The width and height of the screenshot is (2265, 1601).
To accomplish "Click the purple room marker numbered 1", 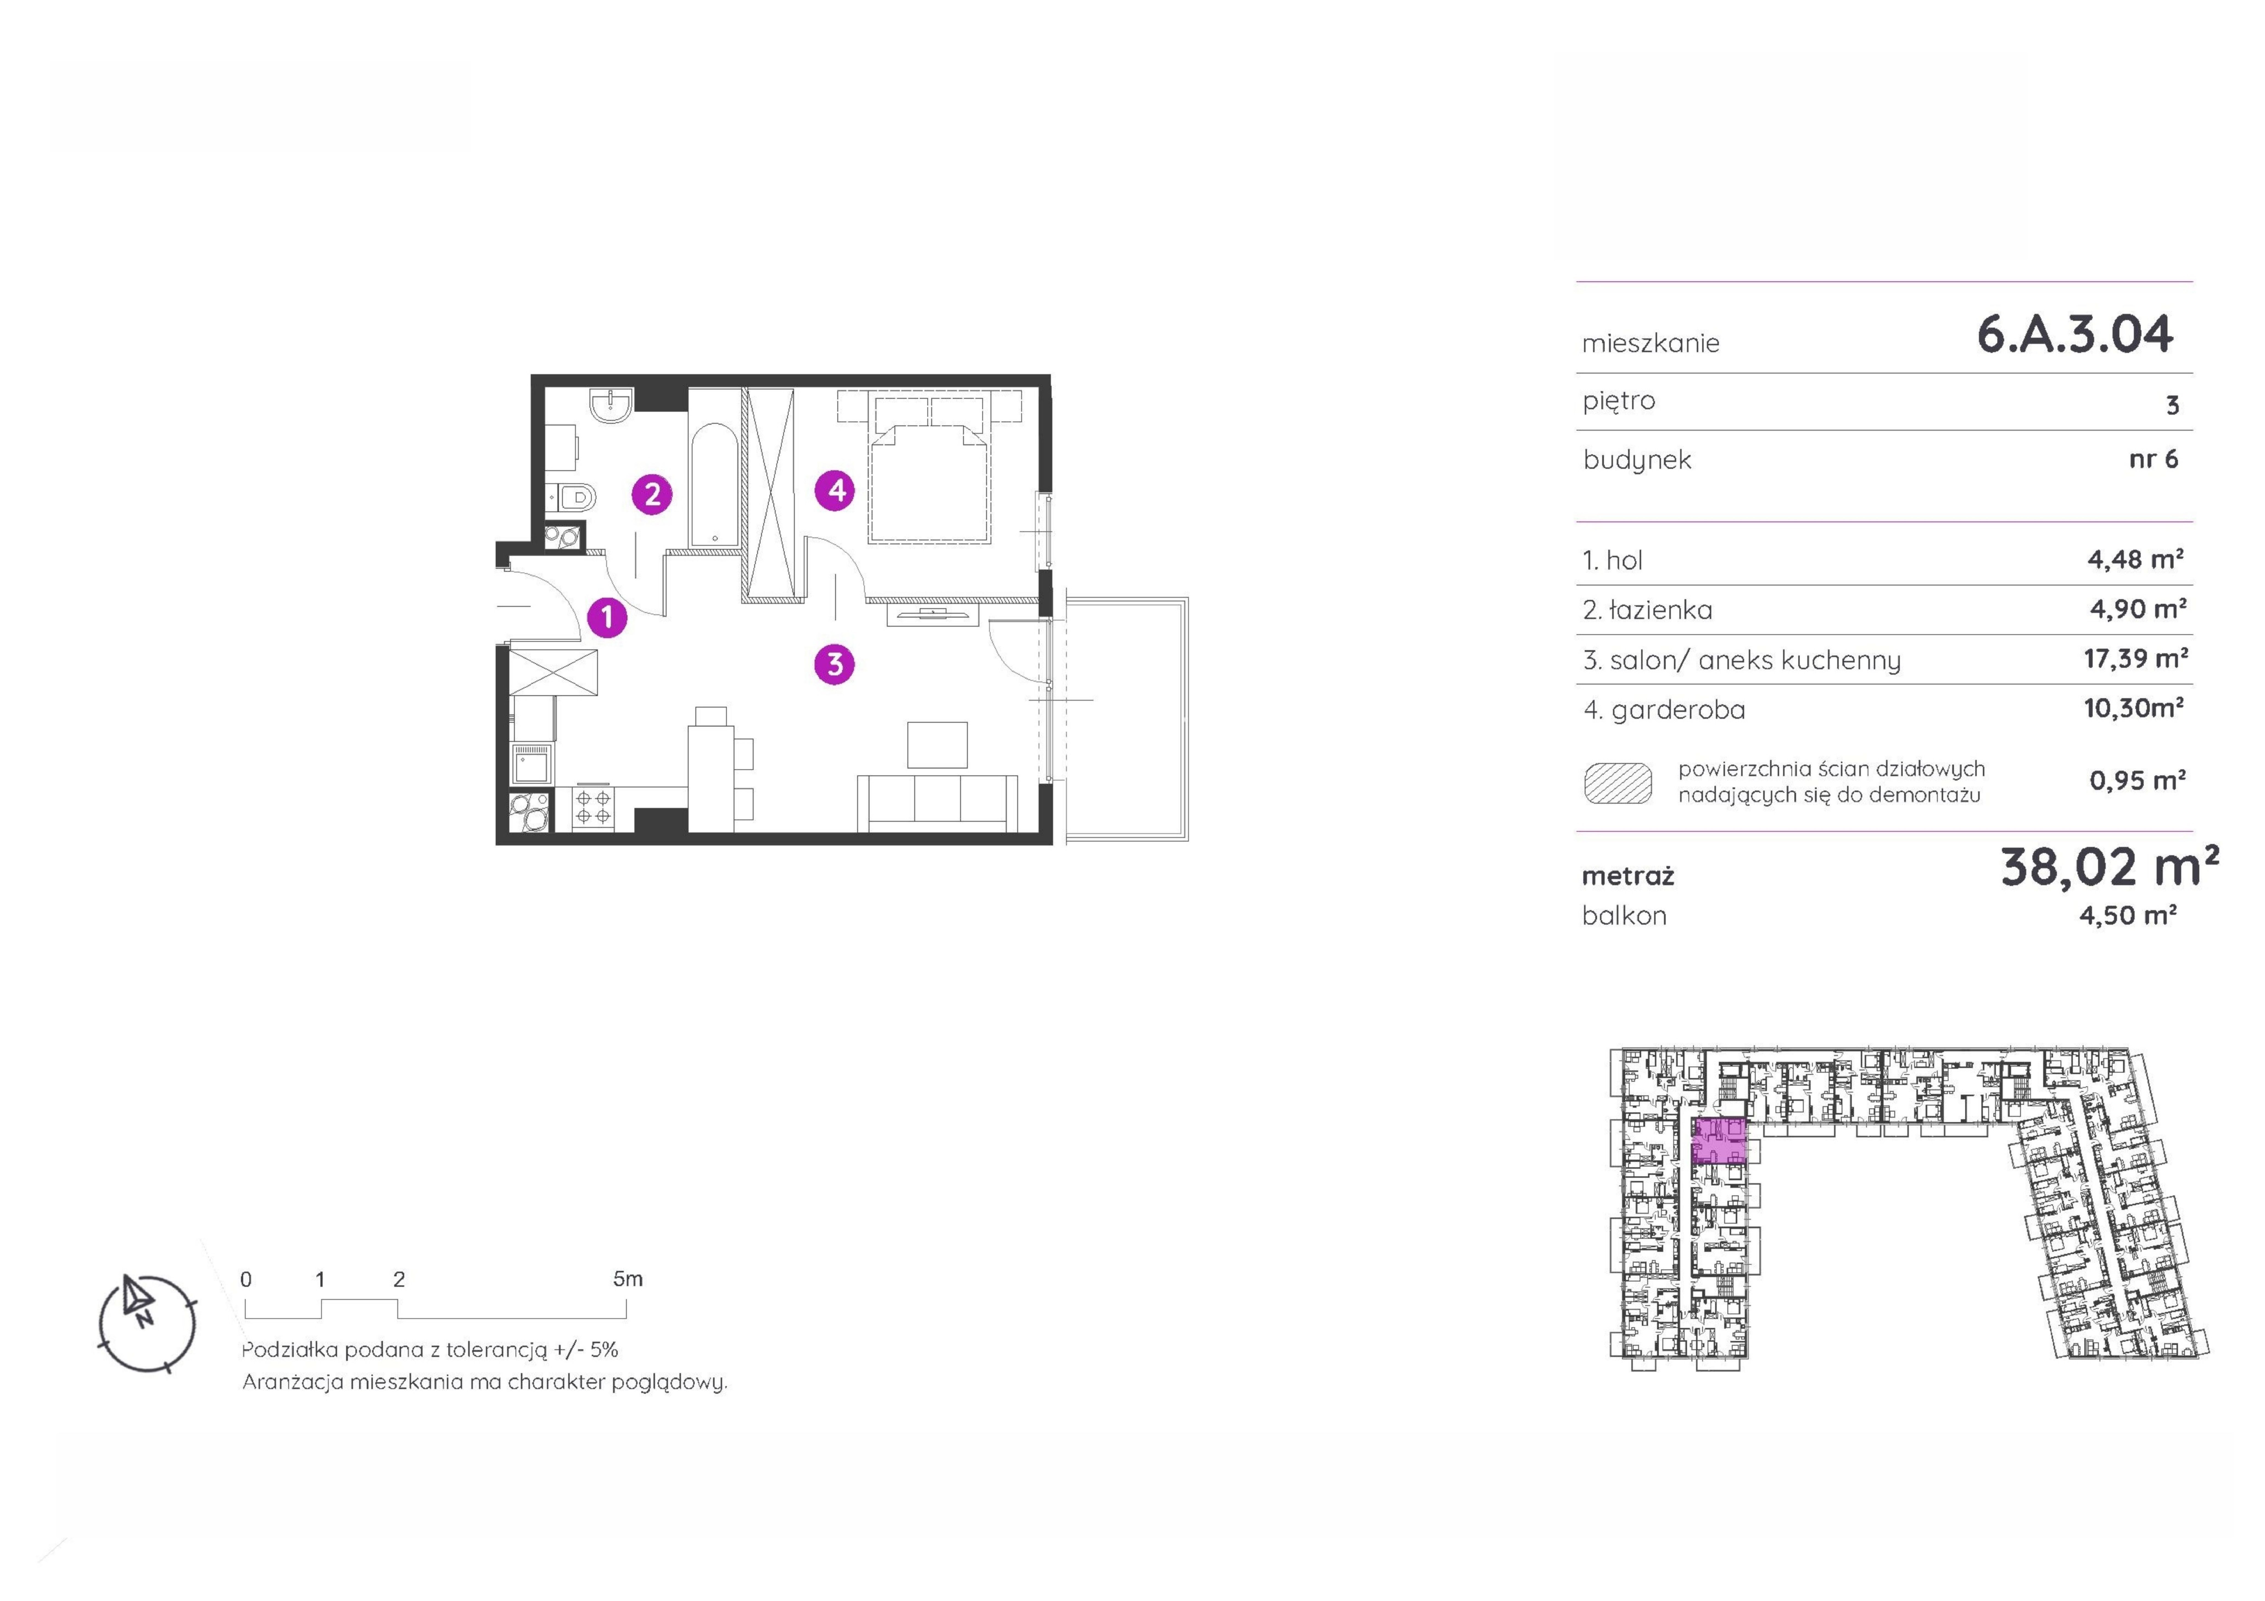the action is click(607, 618).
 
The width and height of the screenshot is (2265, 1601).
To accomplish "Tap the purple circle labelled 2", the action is click(652, 493).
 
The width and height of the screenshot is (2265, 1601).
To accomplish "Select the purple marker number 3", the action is click(835, 664).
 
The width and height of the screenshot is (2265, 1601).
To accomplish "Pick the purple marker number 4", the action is click(835, 489).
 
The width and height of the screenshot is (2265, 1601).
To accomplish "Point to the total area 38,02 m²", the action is click(2109, 867).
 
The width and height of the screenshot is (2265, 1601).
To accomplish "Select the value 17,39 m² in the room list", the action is click(2136, 658).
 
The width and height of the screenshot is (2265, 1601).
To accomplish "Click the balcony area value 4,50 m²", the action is click(2128, 915).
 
